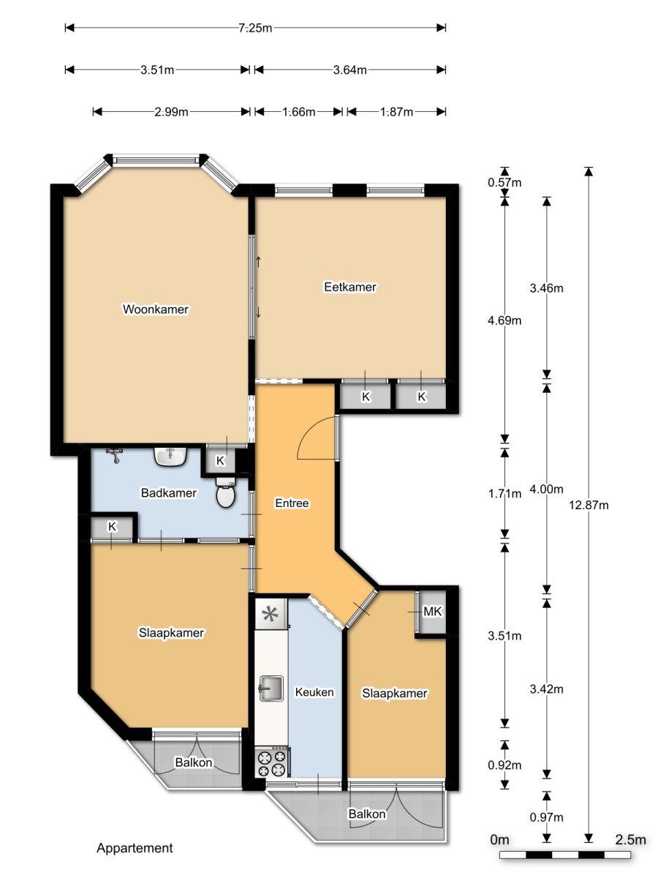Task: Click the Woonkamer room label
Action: (x=156, y=309)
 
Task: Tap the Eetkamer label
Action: (x=350, y=287)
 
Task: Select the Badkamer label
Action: (x=169, y=492)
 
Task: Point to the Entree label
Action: (x=292, y=503)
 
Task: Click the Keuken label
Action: (x=314, y=692)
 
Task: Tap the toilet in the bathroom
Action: (x=226, y=492)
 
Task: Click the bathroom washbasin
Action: (x=170, y=457)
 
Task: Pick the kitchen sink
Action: (x=272, y=688)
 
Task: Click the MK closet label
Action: (x=432, y=611)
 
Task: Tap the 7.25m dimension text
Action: (x=255, y=28)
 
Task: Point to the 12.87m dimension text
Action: (x=589, y=505)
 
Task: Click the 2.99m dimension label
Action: (x=171, y=112)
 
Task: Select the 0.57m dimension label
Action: (x=504, y=182)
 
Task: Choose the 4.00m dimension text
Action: (x=546, y=489)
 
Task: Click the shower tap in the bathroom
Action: (x=115, y=455)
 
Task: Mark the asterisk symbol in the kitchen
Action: (x=270, y=614)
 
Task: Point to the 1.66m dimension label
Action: (x=299, y=112)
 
